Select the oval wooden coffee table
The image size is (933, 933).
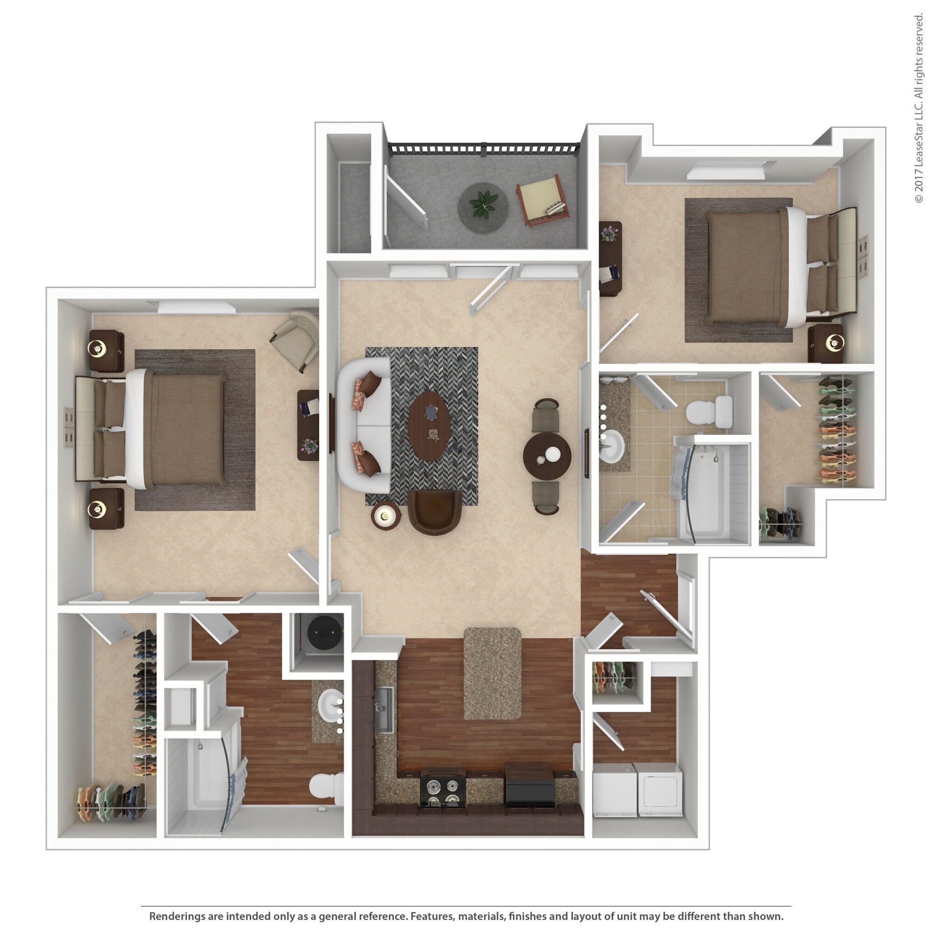[x=429, y=426]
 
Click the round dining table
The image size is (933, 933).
[x=547, y=456]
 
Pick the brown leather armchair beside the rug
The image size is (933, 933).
[x=434, y=513]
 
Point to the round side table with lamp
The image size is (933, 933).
[x=385, y=516]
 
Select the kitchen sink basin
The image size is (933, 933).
[x=384, y=708]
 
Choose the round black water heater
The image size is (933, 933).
[x=324, y=632]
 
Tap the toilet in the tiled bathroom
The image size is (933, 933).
[x=709, y=413]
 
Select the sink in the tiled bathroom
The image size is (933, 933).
[x=612, y=445]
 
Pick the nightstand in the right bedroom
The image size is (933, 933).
[x=826, y=343]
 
